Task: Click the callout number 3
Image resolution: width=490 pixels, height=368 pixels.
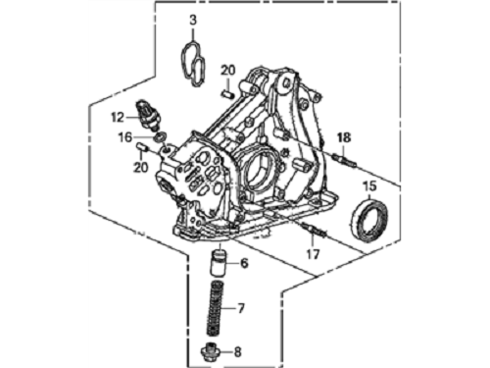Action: [x=193, y=20]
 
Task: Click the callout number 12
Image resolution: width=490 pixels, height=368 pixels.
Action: [x=118, y=117]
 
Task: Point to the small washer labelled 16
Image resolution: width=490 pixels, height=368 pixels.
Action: [x=161, y=136]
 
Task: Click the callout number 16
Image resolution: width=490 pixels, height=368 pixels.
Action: [x=125, y=137]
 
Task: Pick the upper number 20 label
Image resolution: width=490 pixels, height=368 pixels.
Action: [x=227, y=70]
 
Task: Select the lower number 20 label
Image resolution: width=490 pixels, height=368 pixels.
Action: [x=141, y=167]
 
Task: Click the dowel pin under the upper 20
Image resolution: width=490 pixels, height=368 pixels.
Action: [x=227, y=94]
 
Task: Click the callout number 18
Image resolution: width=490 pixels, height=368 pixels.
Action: [x=344, y=137]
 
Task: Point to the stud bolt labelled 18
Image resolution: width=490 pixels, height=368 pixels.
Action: [x=345, y=161]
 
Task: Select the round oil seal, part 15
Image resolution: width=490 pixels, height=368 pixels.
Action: [x=369, y=221]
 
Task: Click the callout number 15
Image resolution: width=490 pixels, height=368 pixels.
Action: [x=369, y=186]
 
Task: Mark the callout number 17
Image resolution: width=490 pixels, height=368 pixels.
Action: [x=313, y=253]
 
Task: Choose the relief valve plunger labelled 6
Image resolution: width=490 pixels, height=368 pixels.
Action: [x=219, y=263]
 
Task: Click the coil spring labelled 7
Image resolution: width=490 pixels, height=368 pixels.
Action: [x=217, y=308]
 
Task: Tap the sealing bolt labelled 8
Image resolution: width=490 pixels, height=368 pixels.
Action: [x=209, y=351]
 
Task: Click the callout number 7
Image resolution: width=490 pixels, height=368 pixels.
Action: [x=241, y=308]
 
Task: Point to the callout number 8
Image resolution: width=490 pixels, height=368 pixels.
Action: [x=237, y=352]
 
